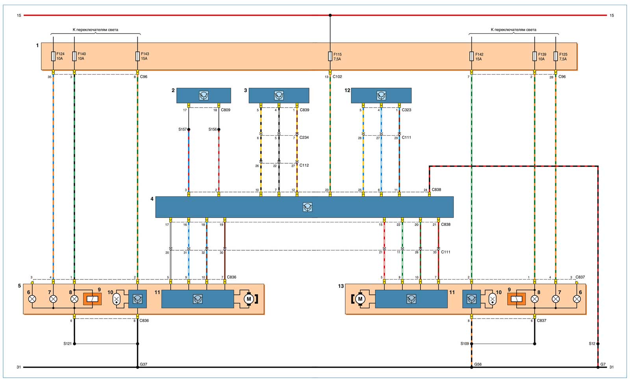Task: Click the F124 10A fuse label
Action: tap(60, 56)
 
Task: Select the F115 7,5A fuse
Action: tap(330, 56)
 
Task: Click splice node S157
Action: tap(189, 129)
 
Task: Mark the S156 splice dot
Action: tap(219, 129)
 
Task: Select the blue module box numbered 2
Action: tap(204, 95)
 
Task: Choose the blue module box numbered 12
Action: tap(381, 95)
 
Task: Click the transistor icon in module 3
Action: tap(279, 95)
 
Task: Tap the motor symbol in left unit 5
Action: tap(248, 299)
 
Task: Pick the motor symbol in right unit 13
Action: tap(360, 299)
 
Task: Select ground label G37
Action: tap(144, 364)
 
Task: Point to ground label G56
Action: tap(478, 364)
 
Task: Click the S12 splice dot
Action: tap(598, 344)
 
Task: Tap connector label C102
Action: tap(337, 76)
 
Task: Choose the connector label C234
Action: tap(304, 138)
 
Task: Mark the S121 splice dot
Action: tap(74, 344)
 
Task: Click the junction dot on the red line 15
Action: tap(330, 15)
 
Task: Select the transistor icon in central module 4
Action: tap(308, 207)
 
